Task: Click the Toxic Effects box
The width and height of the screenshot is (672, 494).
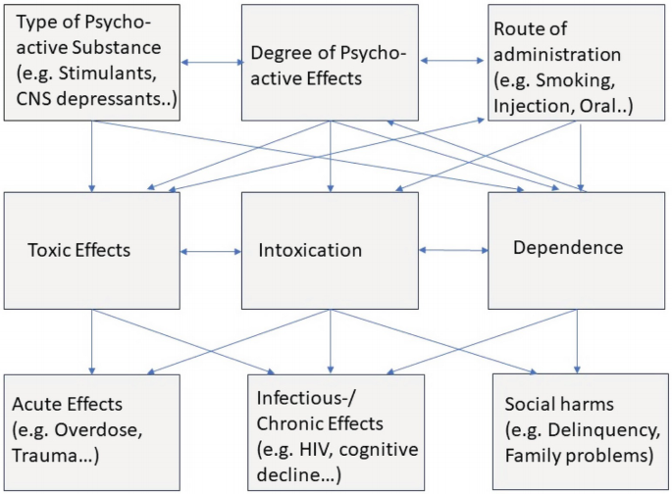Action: [x=91, y=250]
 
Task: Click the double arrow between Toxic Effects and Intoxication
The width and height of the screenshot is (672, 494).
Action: [x=211, y=252]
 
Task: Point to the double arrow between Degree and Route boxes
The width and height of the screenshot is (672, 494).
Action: [x=452, y=62]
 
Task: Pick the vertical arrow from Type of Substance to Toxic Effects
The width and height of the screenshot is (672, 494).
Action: [x=91, y=156]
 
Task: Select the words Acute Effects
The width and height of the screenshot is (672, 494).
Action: [x=67, y=404]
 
